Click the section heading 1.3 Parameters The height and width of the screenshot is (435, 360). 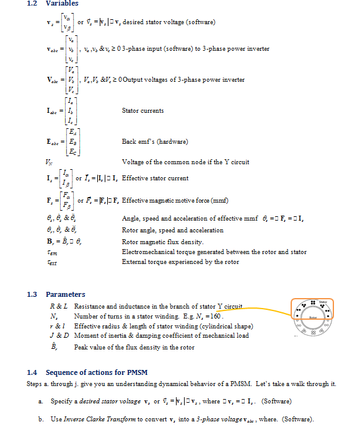(x=56, y=294)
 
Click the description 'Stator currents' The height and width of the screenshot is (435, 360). (x=143, y=111)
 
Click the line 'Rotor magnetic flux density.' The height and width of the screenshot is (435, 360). (x=159, y=242)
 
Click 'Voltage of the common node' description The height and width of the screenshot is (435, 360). (x=185, y=162)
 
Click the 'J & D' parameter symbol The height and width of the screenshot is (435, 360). (x=58, y=335)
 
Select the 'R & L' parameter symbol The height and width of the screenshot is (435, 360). (x=58, y=307)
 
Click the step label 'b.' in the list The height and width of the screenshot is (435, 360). (x=41, y=420)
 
